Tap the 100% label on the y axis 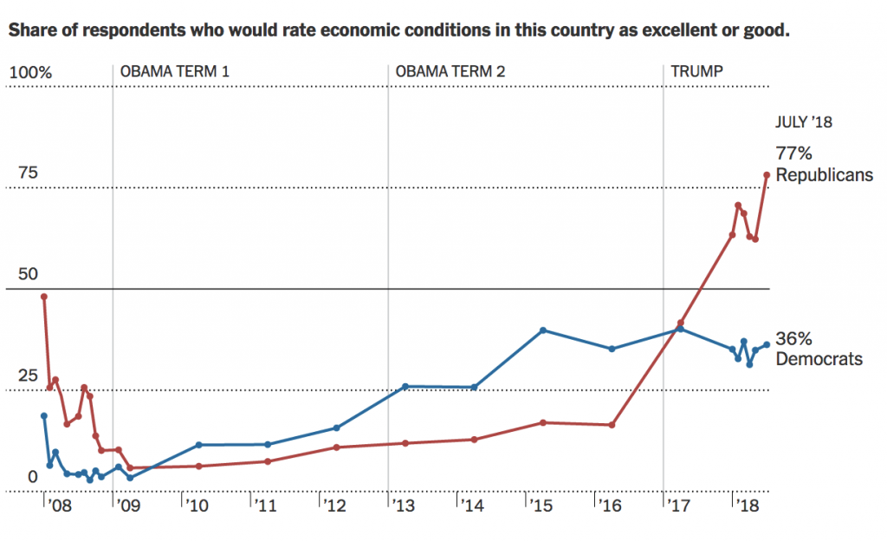(x=30, y=72)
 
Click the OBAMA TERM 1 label (x=174, y=71)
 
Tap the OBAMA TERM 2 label (x=450, y=71)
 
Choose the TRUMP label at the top (x=696, y=71)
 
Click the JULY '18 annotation (x=804, y=122)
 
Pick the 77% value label (x=793, y=154)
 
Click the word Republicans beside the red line (x=823, y=175)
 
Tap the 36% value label (x=793, y=339)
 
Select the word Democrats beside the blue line (x=819, y=359)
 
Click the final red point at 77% (x=767, y=174)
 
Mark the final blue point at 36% (x=767, y=344)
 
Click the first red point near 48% (x=44, y=297)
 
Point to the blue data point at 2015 (x=542, y=330)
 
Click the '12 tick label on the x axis (x=333, y=505)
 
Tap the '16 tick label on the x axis (x=609, y=505)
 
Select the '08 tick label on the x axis (x=57, y=505)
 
